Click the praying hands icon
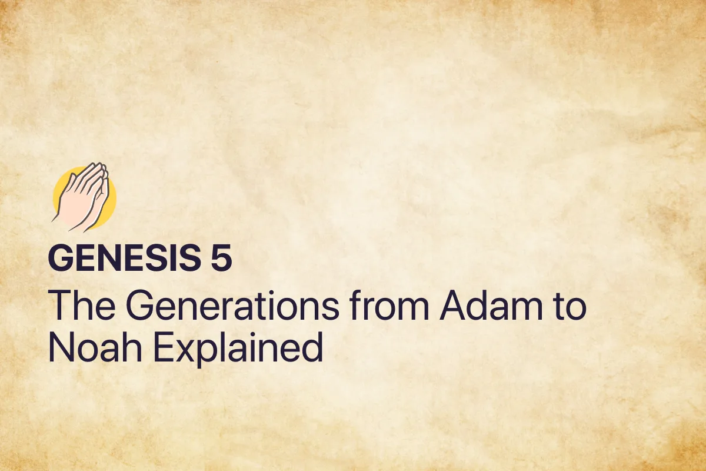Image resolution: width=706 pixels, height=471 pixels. tap(84, 197)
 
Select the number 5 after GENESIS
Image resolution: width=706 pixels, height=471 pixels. tap(222, 259)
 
